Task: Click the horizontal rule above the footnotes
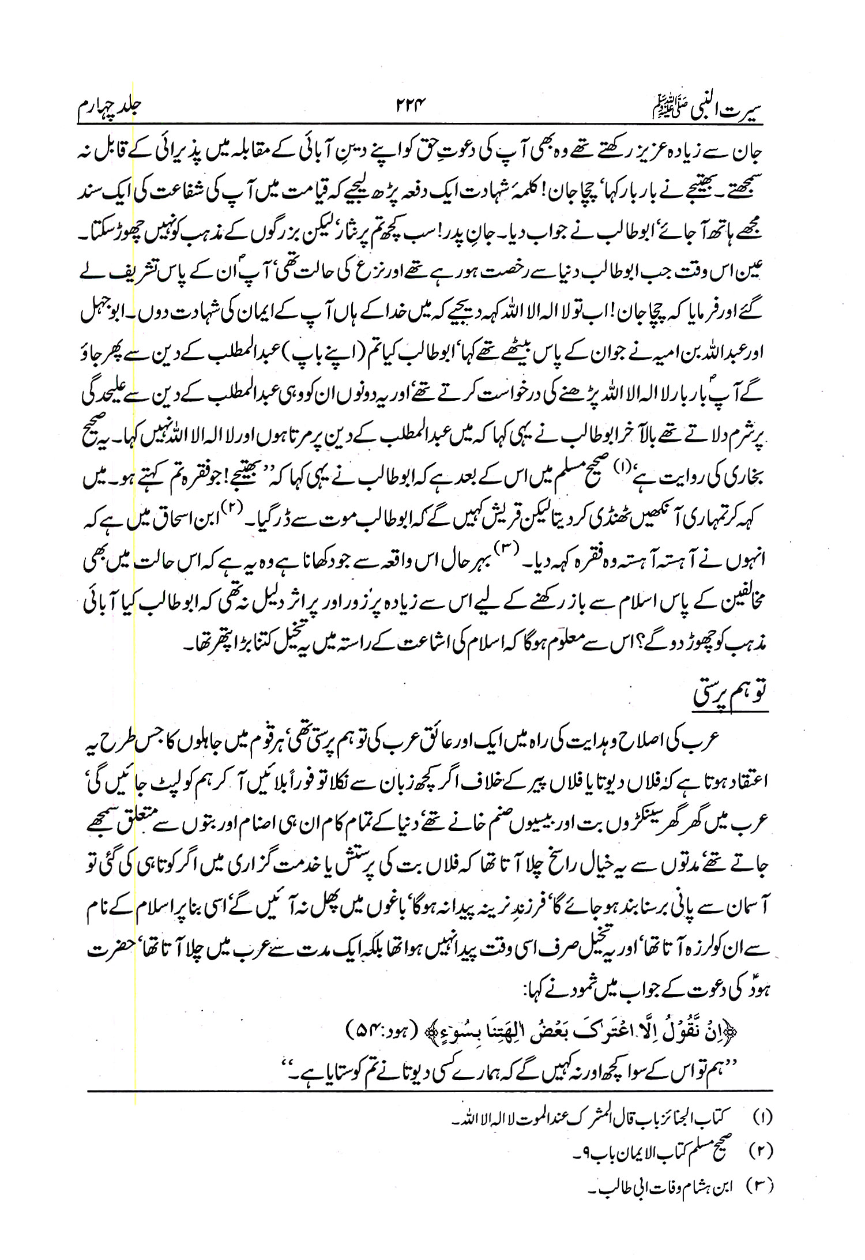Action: click(430, 1090)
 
